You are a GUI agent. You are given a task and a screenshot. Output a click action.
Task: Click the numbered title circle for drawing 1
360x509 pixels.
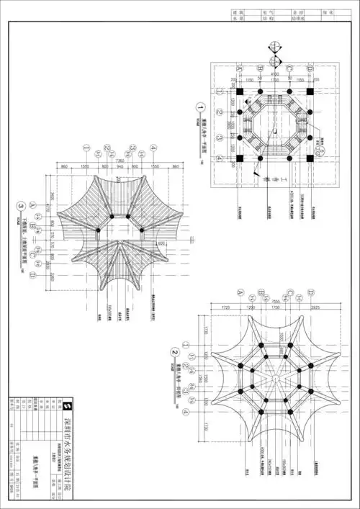pyautogui.click(x=201, y=110)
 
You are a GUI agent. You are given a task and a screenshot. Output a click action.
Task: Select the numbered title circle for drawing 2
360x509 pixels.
pyautogui.click(x=174, y=352)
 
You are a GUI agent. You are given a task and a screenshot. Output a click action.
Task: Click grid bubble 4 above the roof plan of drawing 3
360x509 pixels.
pyautogui.click(x=153, y=149)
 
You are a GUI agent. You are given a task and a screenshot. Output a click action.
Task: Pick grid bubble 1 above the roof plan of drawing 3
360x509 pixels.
pyautogui.click(x=86, y=149)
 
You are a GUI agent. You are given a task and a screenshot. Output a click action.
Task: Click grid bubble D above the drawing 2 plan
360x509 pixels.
pyautogui.click(x=310, y=292)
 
